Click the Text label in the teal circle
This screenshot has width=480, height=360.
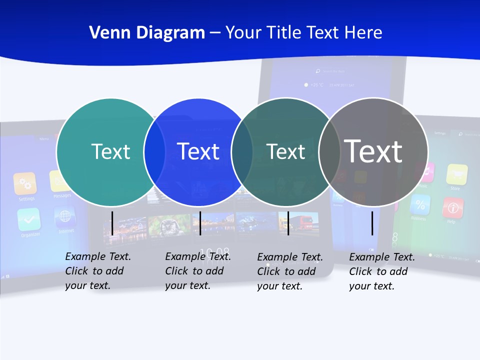pyautogui.click(x=110, y=151)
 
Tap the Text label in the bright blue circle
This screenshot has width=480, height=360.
pyautogui.click(x=198, y=151)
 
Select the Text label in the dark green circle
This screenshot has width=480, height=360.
pyautogui.click(x=285, y=151)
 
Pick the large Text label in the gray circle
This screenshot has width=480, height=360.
pyautogui.click(x=373, y=151)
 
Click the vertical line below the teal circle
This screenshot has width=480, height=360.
pyautogui.click(x=112, y=223)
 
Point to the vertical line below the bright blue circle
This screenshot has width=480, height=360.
pyautogui.click(x=200, y=223)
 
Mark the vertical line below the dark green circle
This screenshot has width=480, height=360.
pyautogui.click(x=288, y=223)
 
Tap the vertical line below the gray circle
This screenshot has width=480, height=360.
pyautogui.click(x=372, y=223)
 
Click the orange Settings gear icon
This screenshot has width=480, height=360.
pyautogui.click(x=25, y=184)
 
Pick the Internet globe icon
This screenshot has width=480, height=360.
pyautogui.click(x=65, y=217)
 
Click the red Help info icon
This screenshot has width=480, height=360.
pyautogui.click(x=453, y=207)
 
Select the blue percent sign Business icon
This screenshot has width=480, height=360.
pyautogui.click(x=420, y=204)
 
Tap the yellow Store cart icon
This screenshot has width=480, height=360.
pyautogui.click(x=456, y=174)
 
